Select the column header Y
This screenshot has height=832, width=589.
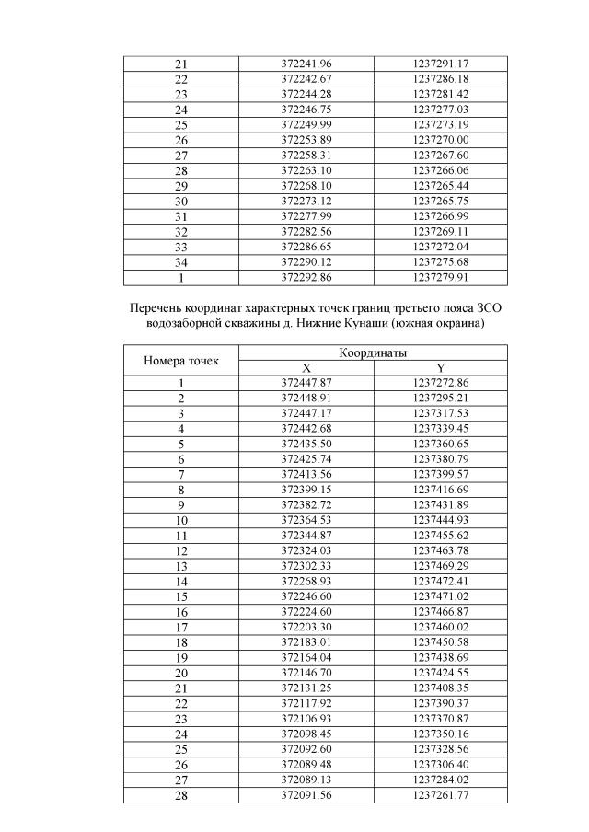click(x=441, y=368)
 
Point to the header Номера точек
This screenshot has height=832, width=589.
click(x=181, y=361)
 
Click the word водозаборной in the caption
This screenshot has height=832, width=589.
click(x=186, y=323)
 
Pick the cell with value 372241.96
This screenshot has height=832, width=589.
click(x=306, y=64)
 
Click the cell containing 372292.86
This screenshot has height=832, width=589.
click(x=306, y=276)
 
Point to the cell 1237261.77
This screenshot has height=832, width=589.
click(x=441, y=795)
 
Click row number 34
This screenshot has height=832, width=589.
click(x=181, y=261)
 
